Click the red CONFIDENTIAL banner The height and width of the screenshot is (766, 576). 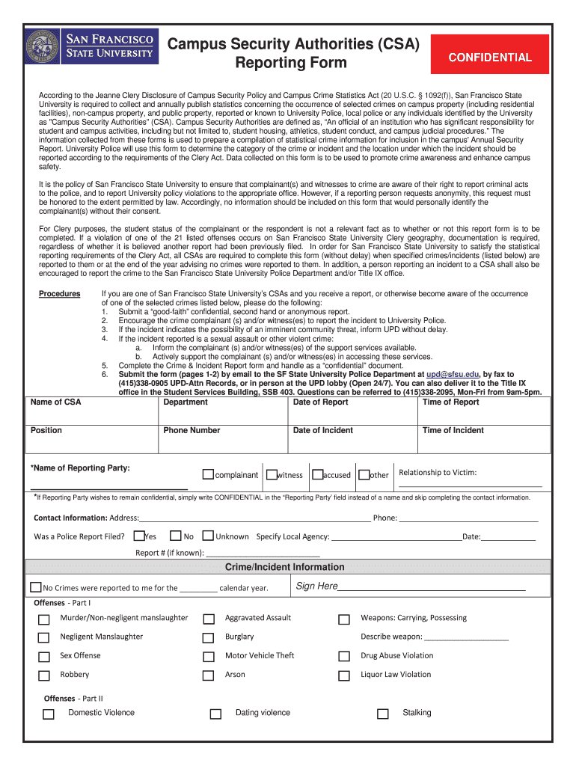point(490,58)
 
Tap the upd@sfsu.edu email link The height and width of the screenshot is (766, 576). point(453,374)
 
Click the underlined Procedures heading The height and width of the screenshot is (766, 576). point(59,294)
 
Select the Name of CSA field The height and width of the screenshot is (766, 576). point(92,416)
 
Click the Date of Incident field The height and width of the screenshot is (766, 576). point(352,443)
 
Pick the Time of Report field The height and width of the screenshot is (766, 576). point(483,416)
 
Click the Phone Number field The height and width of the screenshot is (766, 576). point(222,443)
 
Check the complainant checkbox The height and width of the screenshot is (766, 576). point(208,474)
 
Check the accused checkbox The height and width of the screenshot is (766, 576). point(317,474)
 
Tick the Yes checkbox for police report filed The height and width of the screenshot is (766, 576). point(138,536)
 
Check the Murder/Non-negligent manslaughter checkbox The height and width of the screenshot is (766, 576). point(44,619)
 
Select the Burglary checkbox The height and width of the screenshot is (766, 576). point(209,638)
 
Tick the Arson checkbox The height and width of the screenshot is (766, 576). point(209,675)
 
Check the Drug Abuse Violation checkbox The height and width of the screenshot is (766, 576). point(344,657)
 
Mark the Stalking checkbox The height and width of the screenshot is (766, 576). point(383,714)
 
